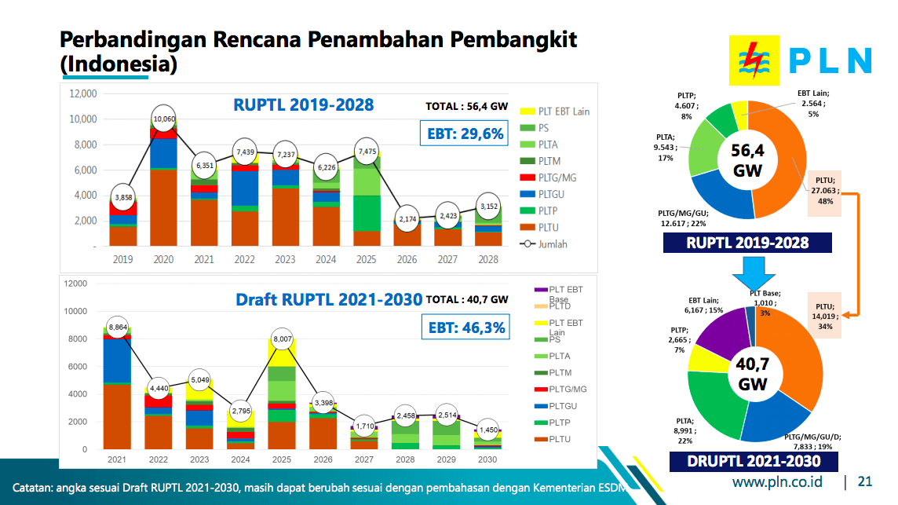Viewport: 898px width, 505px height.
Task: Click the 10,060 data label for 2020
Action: [163, 119]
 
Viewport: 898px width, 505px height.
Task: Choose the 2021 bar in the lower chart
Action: [117, 393]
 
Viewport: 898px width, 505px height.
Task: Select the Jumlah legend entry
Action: [548, 243]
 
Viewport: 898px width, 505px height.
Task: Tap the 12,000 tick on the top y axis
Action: [82, 93]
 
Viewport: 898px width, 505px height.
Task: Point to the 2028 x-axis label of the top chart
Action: [487, 260]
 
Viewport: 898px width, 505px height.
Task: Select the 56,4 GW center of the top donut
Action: [747, 160]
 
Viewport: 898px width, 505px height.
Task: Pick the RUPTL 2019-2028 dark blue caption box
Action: [747, 243]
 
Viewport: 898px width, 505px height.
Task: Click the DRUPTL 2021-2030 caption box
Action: [754, 461]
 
